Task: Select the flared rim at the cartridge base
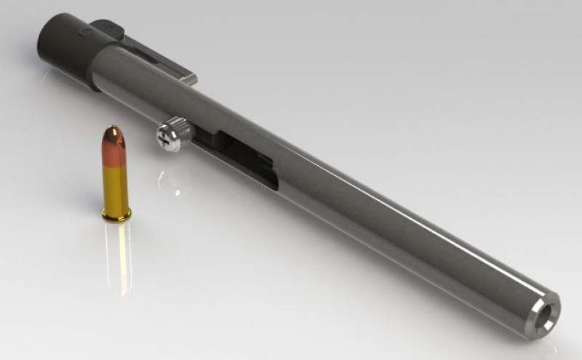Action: tap(116, 214)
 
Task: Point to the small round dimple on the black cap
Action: tap(86, 33)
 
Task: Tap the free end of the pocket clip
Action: tap(191, 77)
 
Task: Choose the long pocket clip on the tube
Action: tap(156, 58)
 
